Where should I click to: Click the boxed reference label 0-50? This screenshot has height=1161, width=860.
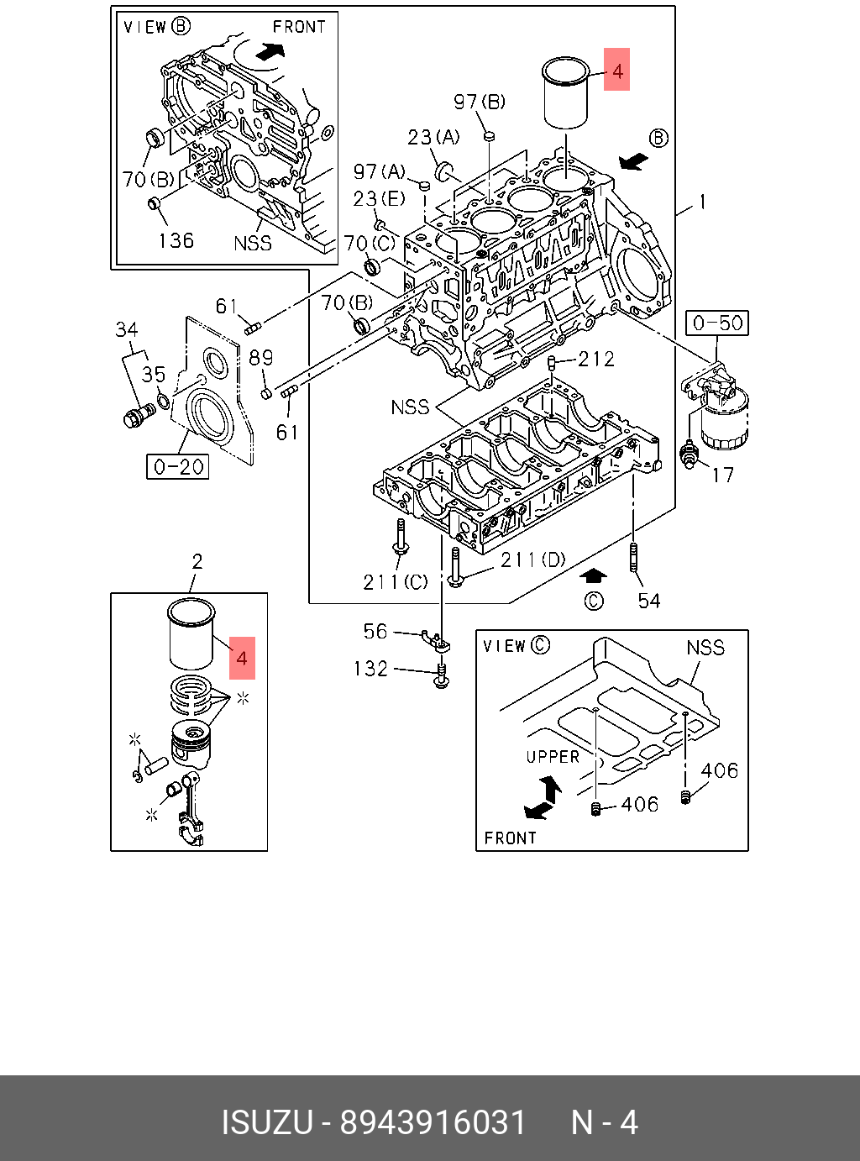[718, 323]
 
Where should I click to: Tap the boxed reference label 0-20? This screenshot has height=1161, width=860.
[178, 466]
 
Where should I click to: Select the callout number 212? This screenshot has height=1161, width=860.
[596, 360]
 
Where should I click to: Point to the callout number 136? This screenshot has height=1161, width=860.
[176, 241]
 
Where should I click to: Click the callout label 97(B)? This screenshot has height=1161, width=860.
[480, 102]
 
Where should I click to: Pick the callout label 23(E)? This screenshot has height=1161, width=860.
[379, 199]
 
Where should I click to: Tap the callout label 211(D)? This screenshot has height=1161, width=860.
[532, 559]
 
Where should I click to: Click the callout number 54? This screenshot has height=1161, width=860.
[649, 601]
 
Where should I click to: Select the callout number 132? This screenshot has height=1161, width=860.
[370, 669]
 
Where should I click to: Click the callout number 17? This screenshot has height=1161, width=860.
[722, 475]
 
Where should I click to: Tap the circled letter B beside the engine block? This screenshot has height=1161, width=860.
[659, 139]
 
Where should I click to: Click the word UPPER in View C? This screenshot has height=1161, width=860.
[553, 757]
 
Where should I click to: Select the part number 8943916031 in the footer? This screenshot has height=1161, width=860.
[433, 1123]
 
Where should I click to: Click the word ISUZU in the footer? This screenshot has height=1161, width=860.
[267, 1123]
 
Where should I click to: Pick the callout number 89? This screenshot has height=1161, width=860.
[261, 358]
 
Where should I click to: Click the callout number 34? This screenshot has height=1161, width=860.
[127, 329]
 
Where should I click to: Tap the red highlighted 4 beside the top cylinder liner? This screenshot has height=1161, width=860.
[617, 70]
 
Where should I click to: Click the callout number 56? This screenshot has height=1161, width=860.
[375, 631]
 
